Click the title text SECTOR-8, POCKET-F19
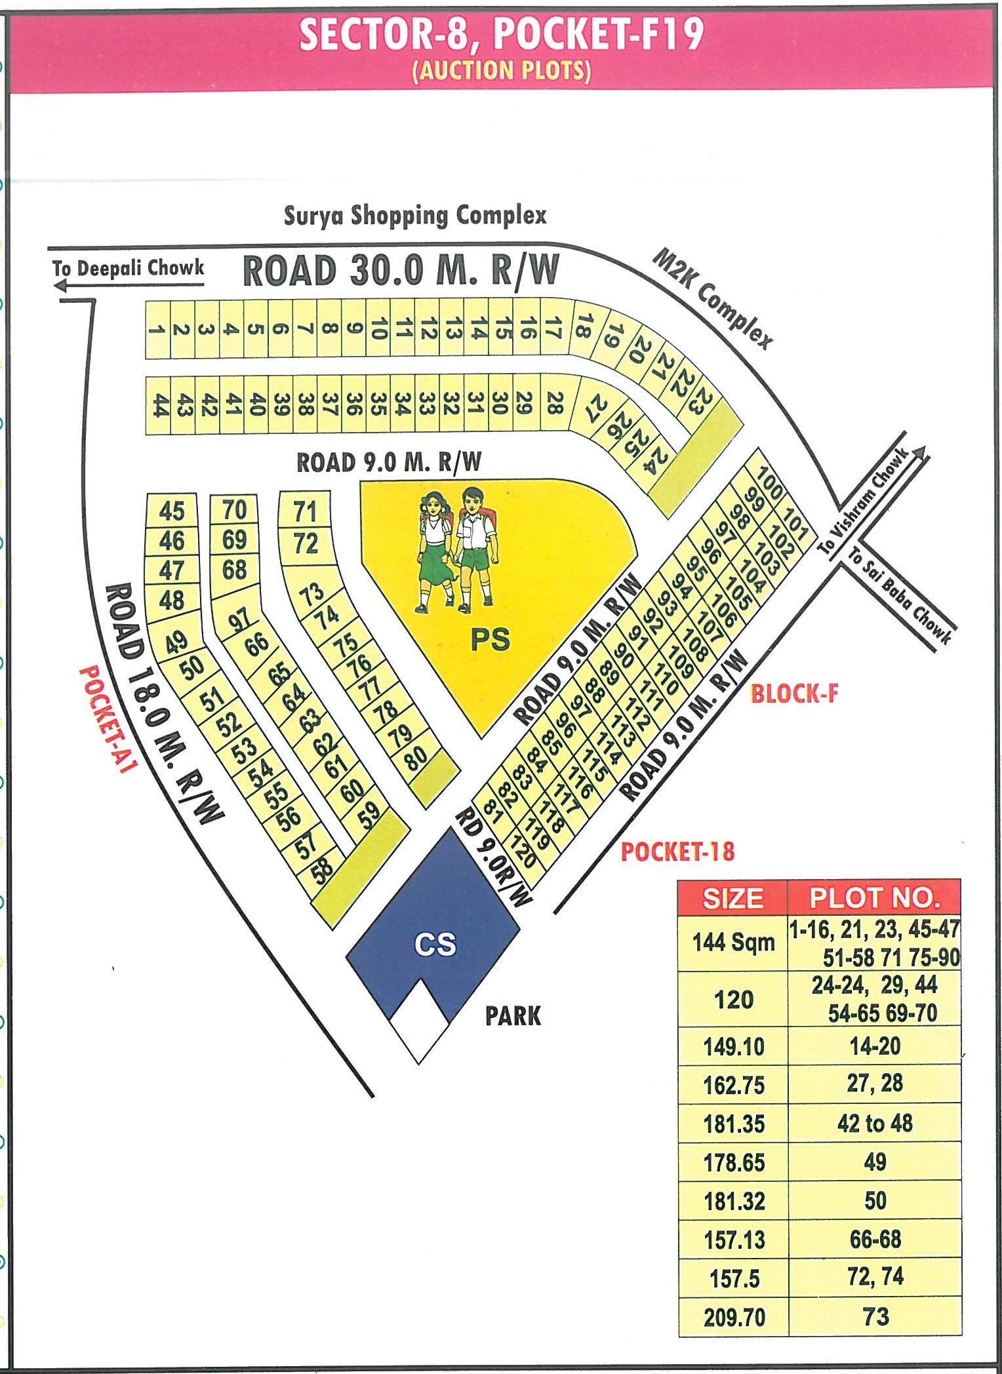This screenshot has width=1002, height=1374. [x=501, y=35]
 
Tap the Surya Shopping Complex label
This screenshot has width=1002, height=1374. [x=414, y=215]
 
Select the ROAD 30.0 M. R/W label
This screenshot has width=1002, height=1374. [x=401, y=271]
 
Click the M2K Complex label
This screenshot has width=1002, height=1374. [x=713, y=299]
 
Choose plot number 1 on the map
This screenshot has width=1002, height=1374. [x=156, y=329]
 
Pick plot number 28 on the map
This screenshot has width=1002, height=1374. [x=554, y=402]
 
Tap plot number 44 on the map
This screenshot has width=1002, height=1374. [x=159, y=405]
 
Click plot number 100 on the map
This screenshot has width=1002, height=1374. [x=769, y=484]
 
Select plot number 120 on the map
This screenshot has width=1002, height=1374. [x=525, y=852]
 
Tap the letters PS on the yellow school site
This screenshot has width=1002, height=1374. [x=490, y=638]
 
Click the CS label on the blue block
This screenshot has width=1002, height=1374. [x=435, y=944]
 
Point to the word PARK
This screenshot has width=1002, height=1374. [x=513, y=1016]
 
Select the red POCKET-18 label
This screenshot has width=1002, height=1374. [x=677, y=852]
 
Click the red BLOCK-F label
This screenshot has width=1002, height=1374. [x=794, y=693]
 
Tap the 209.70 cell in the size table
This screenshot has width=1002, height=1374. [x=734, y=1317]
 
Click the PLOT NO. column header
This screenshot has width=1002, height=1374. [x=874, y=897]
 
